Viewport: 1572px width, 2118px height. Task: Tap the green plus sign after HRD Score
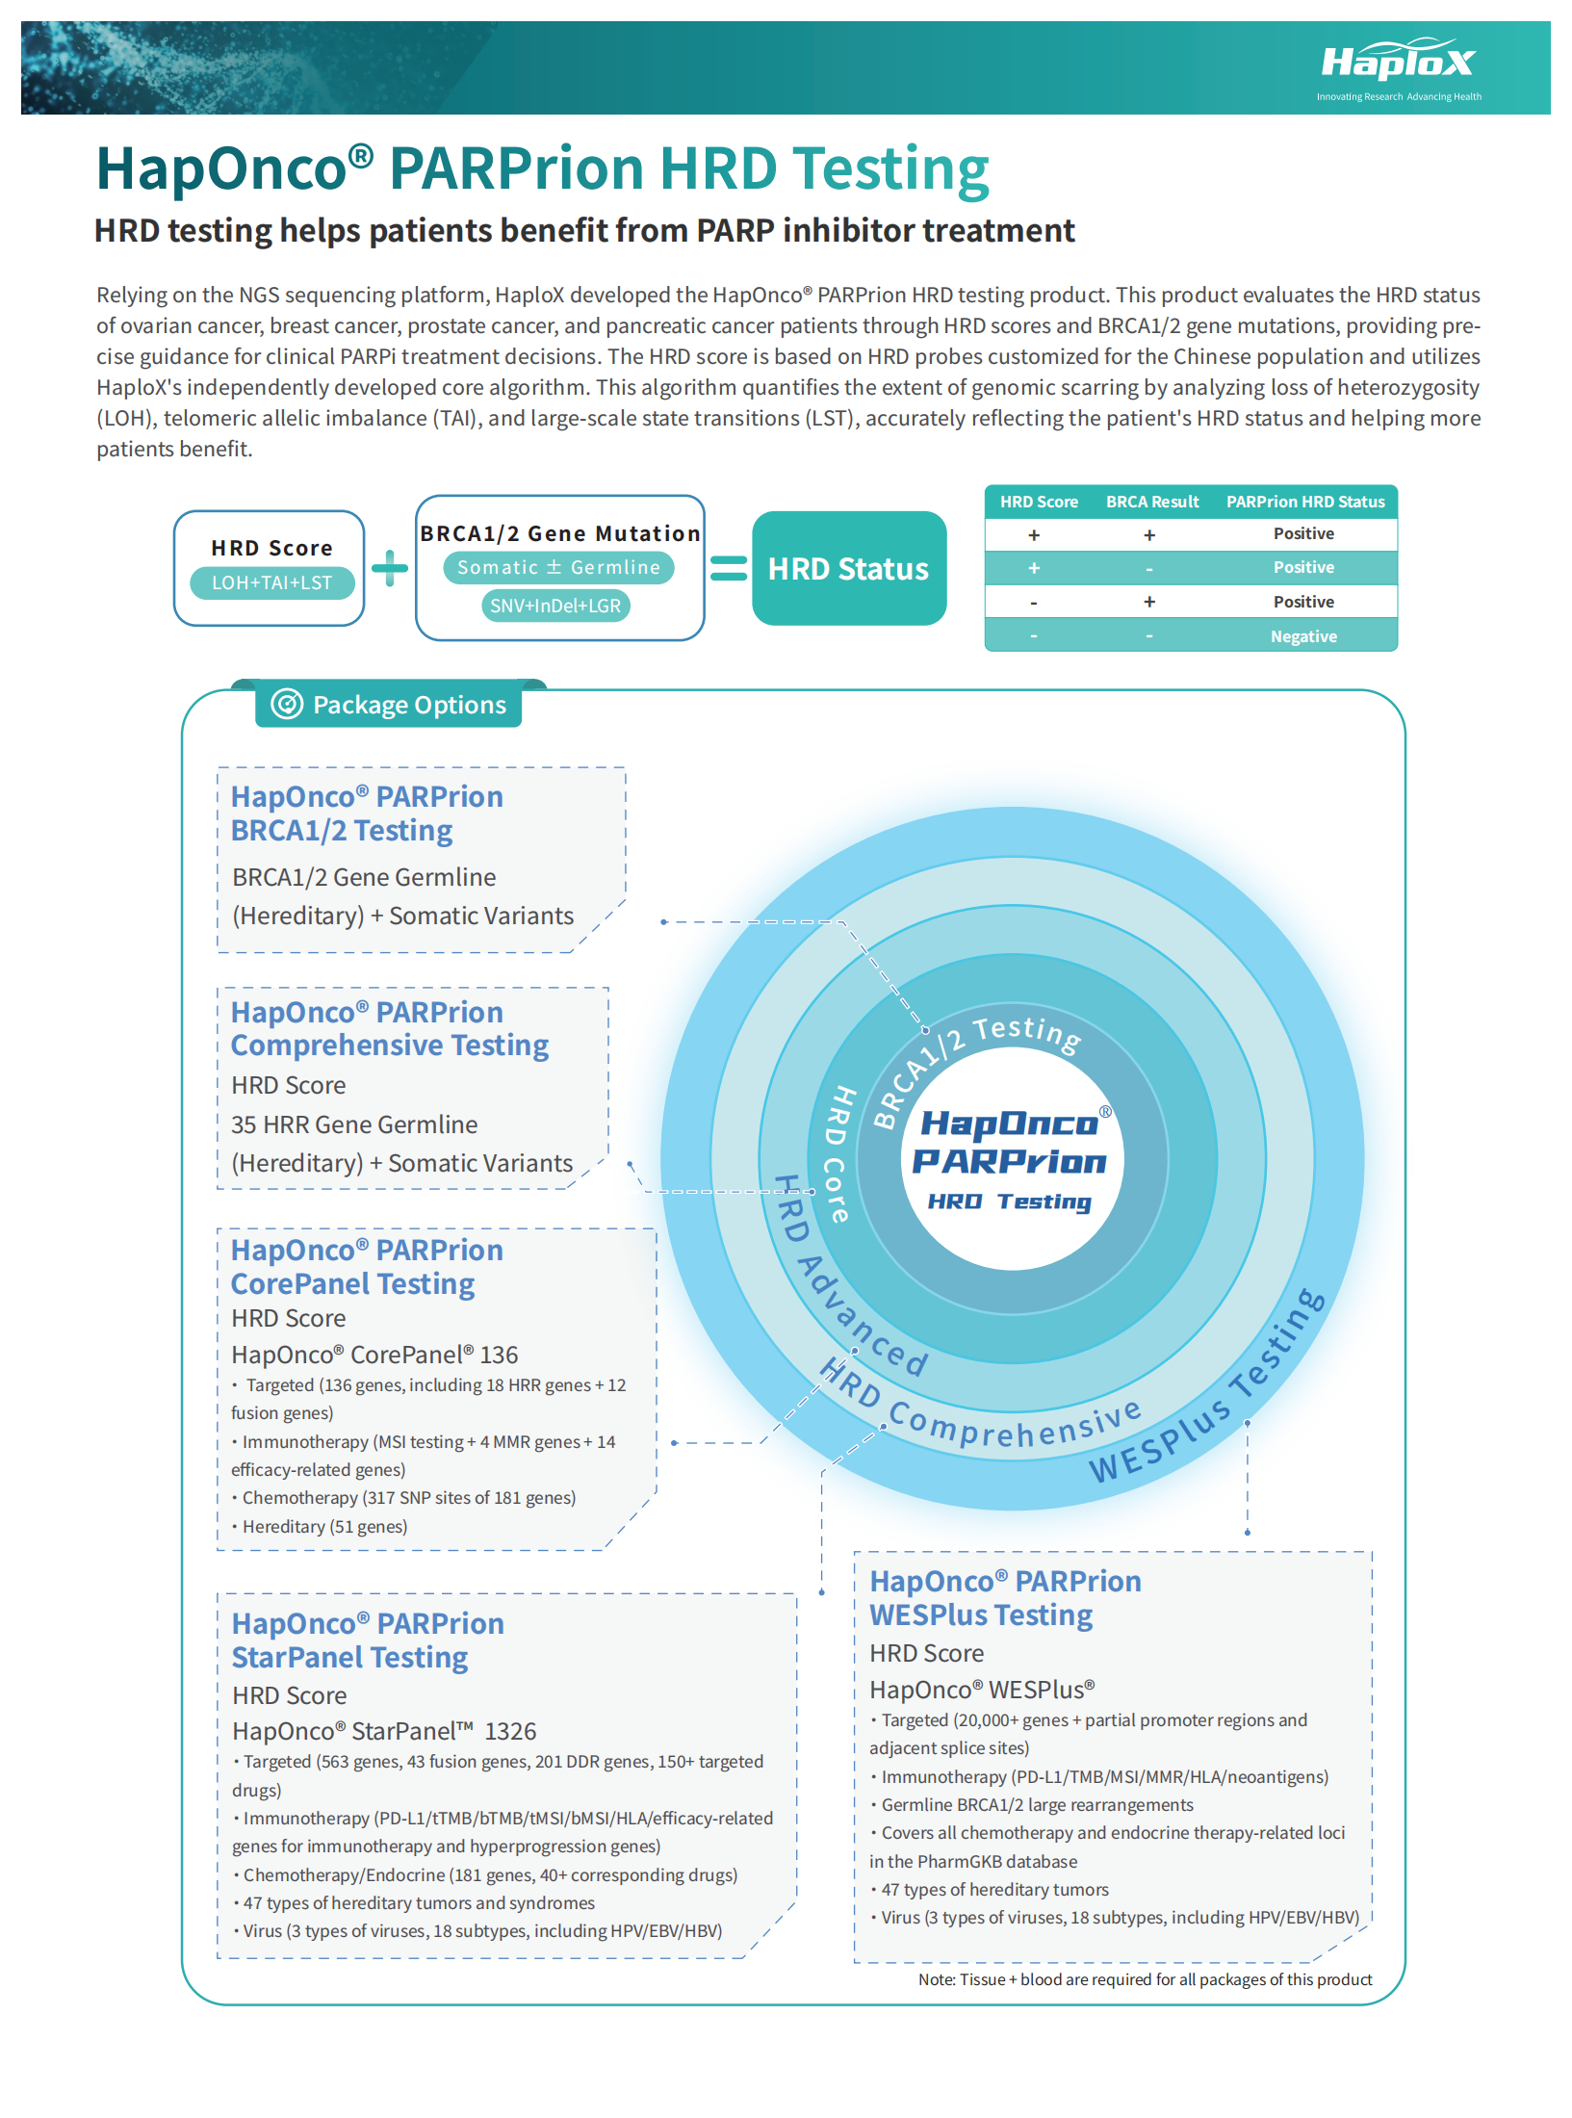(390, 568)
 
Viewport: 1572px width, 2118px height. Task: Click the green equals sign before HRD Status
(729, 569)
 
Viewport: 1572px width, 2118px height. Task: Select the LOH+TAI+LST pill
(272, 583)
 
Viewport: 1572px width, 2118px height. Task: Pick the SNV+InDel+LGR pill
(555, 607)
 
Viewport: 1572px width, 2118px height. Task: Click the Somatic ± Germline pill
(558, 568)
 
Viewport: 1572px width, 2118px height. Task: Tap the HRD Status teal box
(848, 569)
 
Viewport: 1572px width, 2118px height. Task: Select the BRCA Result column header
(1152, 503)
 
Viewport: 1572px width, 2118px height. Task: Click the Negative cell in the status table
(1303, 636)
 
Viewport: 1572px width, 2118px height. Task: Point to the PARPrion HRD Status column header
(1304, 503)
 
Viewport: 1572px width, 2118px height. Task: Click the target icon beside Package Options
(287, 705)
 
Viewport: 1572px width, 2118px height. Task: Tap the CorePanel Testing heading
(352, 1284)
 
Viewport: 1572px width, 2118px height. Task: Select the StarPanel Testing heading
(349, 1658)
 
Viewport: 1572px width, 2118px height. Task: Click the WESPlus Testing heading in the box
(981, 1615)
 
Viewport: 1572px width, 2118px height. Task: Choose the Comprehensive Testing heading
(389, 1046)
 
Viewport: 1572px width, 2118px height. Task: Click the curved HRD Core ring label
(838, 1154)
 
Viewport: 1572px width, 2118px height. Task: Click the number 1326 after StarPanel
(510, 1732)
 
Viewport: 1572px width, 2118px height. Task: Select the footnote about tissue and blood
(1145, 1979)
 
